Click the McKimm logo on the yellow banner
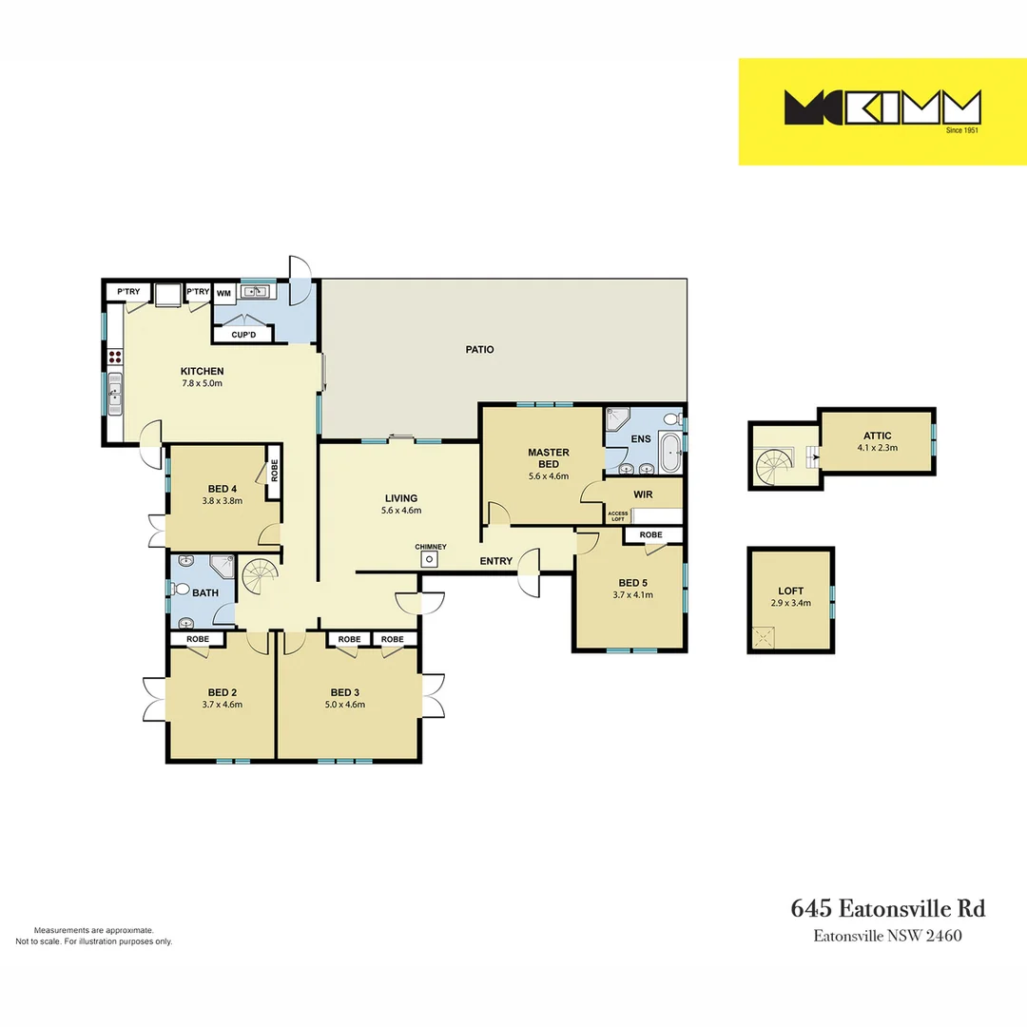(882, 107)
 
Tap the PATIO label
(479, 349)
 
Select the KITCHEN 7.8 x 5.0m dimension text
(202, 383)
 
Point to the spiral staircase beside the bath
(258, 576)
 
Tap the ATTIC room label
(877, 436)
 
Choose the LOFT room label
(790, 591)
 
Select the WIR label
(642, 494)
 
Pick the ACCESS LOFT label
(618, 516)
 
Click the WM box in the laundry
(223, 293)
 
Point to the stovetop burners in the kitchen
(116, 357)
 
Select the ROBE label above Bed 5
(650, 535)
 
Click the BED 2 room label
(222, 691)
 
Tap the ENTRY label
(495, 561)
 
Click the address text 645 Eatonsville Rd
(888, 908)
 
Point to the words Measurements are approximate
(93, 930)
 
